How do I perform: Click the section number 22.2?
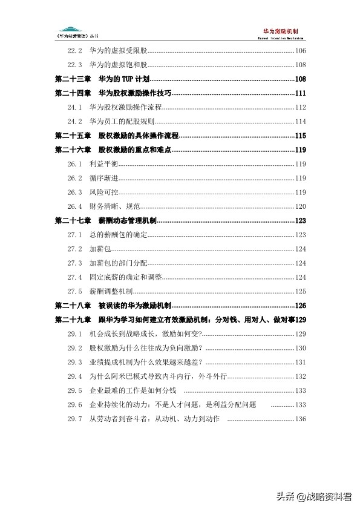(x=74, y=51)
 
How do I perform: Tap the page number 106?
(x=301, y=51)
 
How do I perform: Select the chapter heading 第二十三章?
(x=73, y=79)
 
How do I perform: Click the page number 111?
(x=301, y=93)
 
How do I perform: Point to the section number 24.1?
(x=74, y=107)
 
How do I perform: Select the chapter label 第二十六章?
(x=73, y=149)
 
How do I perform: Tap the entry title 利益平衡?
(x=103, y=163)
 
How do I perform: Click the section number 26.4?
(x=74, y=206)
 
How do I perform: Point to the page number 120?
(x=301, y=206)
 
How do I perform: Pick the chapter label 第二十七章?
(x=73, y=220)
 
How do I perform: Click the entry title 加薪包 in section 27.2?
(x=99, y=249)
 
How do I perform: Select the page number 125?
(x=301, y=291)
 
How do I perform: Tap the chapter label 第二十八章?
(x=73, y=305)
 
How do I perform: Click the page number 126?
(x=301, y=305)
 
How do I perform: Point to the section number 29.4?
(x=74, y=376)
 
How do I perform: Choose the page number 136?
(x=301, y=418)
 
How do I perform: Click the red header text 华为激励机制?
(x=281, y=30)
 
